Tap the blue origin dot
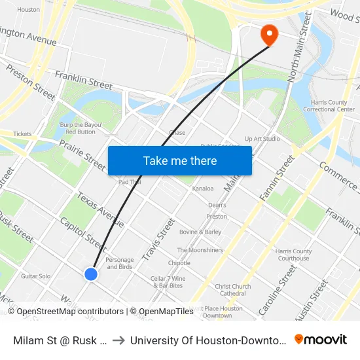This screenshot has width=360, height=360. (91, 274)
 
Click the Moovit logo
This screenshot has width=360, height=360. (320, 339)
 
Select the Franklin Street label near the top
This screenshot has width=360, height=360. (84, 81)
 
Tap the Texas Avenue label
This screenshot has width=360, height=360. (100, 209)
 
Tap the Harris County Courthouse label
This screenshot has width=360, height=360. (293, 255)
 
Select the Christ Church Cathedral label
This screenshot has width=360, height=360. (233, 289)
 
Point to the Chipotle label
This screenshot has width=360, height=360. (179, 263)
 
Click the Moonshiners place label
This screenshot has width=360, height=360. (200, 250)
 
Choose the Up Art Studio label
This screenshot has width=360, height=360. (262, 139)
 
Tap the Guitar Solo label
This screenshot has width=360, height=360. (35, 276)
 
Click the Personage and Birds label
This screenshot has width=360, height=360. (120, 263)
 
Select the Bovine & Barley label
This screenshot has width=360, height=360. (200, 232)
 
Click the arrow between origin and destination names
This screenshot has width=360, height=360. (118, 340)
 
